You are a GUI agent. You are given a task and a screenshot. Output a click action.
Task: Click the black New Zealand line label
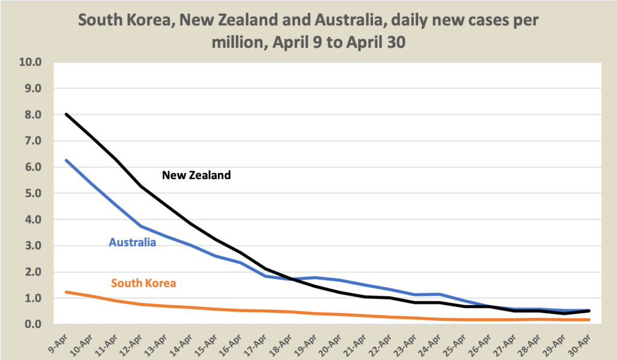(x=196, y=175)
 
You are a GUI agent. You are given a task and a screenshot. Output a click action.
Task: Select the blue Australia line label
(x=133, y=242)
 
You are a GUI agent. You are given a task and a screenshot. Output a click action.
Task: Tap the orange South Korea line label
(x=143, y=282)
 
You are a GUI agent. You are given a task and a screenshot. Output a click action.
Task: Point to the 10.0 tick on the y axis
(x=31, y=62)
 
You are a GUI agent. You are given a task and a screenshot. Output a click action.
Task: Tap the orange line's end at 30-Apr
(x=588, y=320)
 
